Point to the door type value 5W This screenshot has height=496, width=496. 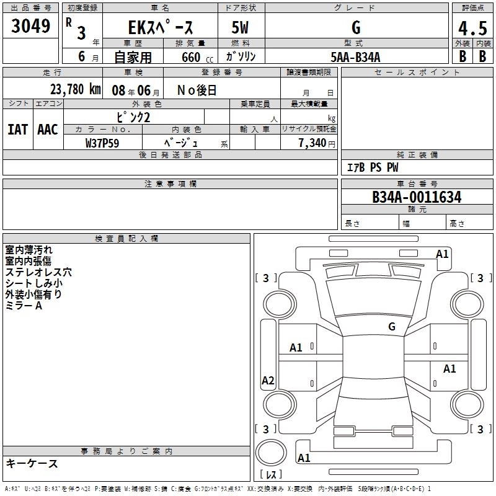(241, 28)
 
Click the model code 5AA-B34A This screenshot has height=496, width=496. (355, 57)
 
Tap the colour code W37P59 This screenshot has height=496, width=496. (102, 143)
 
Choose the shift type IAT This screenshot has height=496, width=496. (17, 129)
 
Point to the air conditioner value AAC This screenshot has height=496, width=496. (48, 129)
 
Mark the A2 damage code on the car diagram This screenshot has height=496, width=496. (268, 381)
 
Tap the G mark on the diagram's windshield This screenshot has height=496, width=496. (392, 327)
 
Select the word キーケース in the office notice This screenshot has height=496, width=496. (32, 464)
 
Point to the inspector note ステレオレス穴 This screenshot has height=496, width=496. (38, 272)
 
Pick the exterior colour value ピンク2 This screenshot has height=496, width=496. (133, 117)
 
